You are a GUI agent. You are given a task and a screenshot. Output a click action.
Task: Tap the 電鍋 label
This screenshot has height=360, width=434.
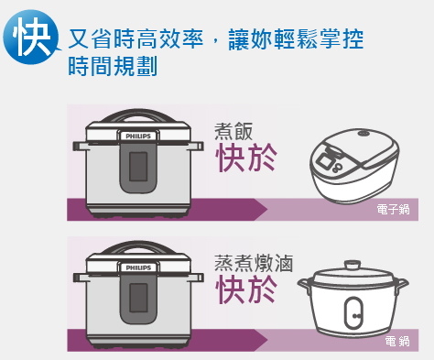coord(397,341)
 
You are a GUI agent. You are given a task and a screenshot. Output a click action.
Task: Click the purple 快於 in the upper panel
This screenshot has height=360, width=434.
coord(244,158)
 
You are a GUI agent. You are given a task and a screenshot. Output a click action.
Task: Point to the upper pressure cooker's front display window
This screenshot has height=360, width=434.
coord(138,167)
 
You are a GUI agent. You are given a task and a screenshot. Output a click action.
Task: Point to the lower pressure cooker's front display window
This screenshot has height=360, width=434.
coord(138,298)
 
